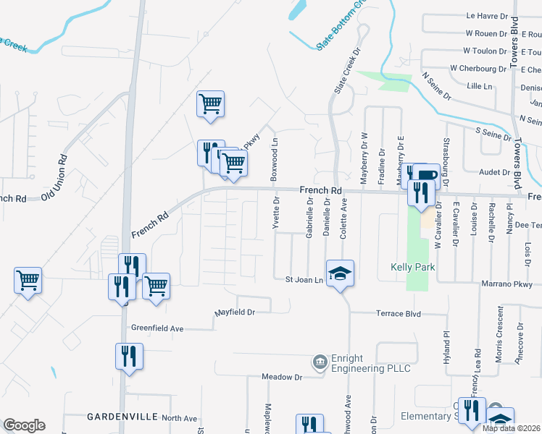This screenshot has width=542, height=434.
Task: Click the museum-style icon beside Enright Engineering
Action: pos(319,361)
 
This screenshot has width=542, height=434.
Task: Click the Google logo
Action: pos(24,425)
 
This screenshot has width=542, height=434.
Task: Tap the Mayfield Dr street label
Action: pos(235,312)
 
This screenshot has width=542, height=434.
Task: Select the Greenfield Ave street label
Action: pos(157,328)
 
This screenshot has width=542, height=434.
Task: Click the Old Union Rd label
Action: pos(54,177)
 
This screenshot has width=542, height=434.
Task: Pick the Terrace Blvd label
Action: pos(398,314)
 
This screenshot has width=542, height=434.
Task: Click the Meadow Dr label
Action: pos(282,377)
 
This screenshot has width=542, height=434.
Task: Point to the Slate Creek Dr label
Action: pos(346,72)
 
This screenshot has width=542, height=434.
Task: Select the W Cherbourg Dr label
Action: pos(478,68)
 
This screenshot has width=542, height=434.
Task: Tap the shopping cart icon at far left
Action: pos(28,278)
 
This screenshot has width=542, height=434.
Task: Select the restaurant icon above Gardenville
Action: pos(129,357)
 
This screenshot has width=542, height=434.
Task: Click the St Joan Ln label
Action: pos(303,279)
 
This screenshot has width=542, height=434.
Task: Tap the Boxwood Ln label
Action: pos(274,161)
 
